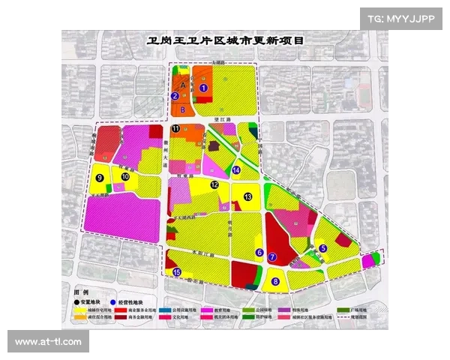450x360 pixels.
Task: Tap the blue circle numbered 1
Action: click(203, 87)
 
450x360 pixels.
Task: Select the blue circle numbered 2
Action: click(175, 96)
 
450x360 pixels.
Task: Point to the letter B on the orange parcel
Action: click(182, 109)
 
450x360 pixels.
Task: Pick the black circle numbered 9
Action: click(99, 178)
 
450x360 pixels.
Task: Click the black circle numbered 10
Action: click(126, 177)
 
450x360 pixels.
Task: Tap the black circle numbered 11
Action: click(175, 129)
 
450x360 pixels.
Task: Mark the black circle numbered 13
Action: click(247, 196)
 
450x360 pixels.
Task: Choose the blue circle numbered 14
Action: click(236, 171)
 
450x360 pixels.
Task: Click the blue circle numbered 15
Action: click(176, 273)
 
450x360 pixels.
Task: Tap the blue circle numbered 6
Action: click(259, 253)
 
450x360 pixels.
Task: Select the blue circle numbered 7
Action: click(272, 257)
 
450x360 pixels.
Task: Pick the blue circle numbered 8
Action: click(276, 282)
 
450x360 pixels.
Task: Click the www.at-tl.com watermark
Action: click(48, 342)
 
